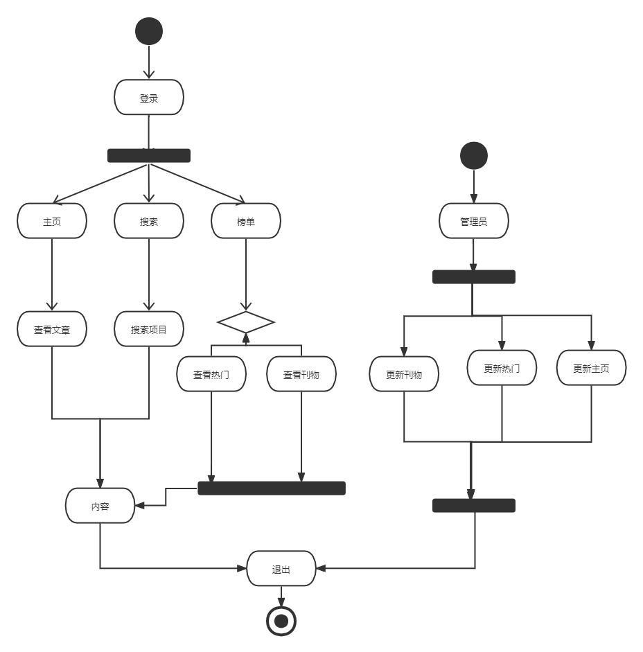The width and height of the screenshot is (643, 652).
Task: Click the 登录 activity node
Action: [149, 98]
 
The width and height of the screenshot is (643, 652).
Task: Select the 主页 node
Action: [52, 221]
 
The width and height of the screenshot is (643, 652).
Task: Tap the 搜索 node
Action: [149, 221]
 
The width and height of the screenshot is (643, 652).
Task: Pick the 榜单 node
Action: [246, 221]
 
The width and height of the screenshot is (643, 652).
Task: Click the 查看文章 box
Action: [52, 329]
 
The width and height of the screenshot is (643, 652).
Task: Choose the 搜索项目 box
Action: [149, 329]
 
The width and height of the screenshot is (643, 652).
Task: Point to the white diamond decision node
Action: [246, 322]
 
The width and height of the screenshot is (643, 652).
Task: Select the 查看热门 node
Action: [211, 374]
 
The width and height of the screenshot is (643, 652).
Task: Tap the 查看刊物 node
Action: [301, 374]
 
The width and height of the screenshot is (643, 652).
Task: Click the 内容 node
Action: [100, 506]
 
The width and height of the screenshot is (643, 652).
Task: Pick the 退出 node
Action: [281, 569]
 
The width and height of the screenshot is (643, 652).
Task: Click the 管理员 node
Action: [474, 222]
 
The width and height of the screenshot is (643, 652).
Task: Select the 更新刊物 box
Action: [404, 374]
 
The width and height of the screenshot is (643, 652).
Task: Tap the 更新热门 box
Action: [502, 368]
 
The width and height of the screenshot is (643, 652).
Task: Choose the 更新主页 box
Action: [592, 368]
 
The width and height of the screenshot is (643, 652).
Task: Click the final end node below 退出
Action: [281, 622]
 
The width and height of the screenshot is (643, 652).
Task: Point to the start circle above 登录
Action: [149, 31]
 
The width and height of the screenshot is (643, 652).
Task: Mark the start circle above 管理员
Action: [474, 155]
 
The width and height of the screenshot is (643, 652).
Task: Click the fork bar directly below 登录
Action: [149, 156]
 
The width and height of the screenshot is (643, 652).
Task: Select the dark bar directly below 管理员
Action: [474, 277]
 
